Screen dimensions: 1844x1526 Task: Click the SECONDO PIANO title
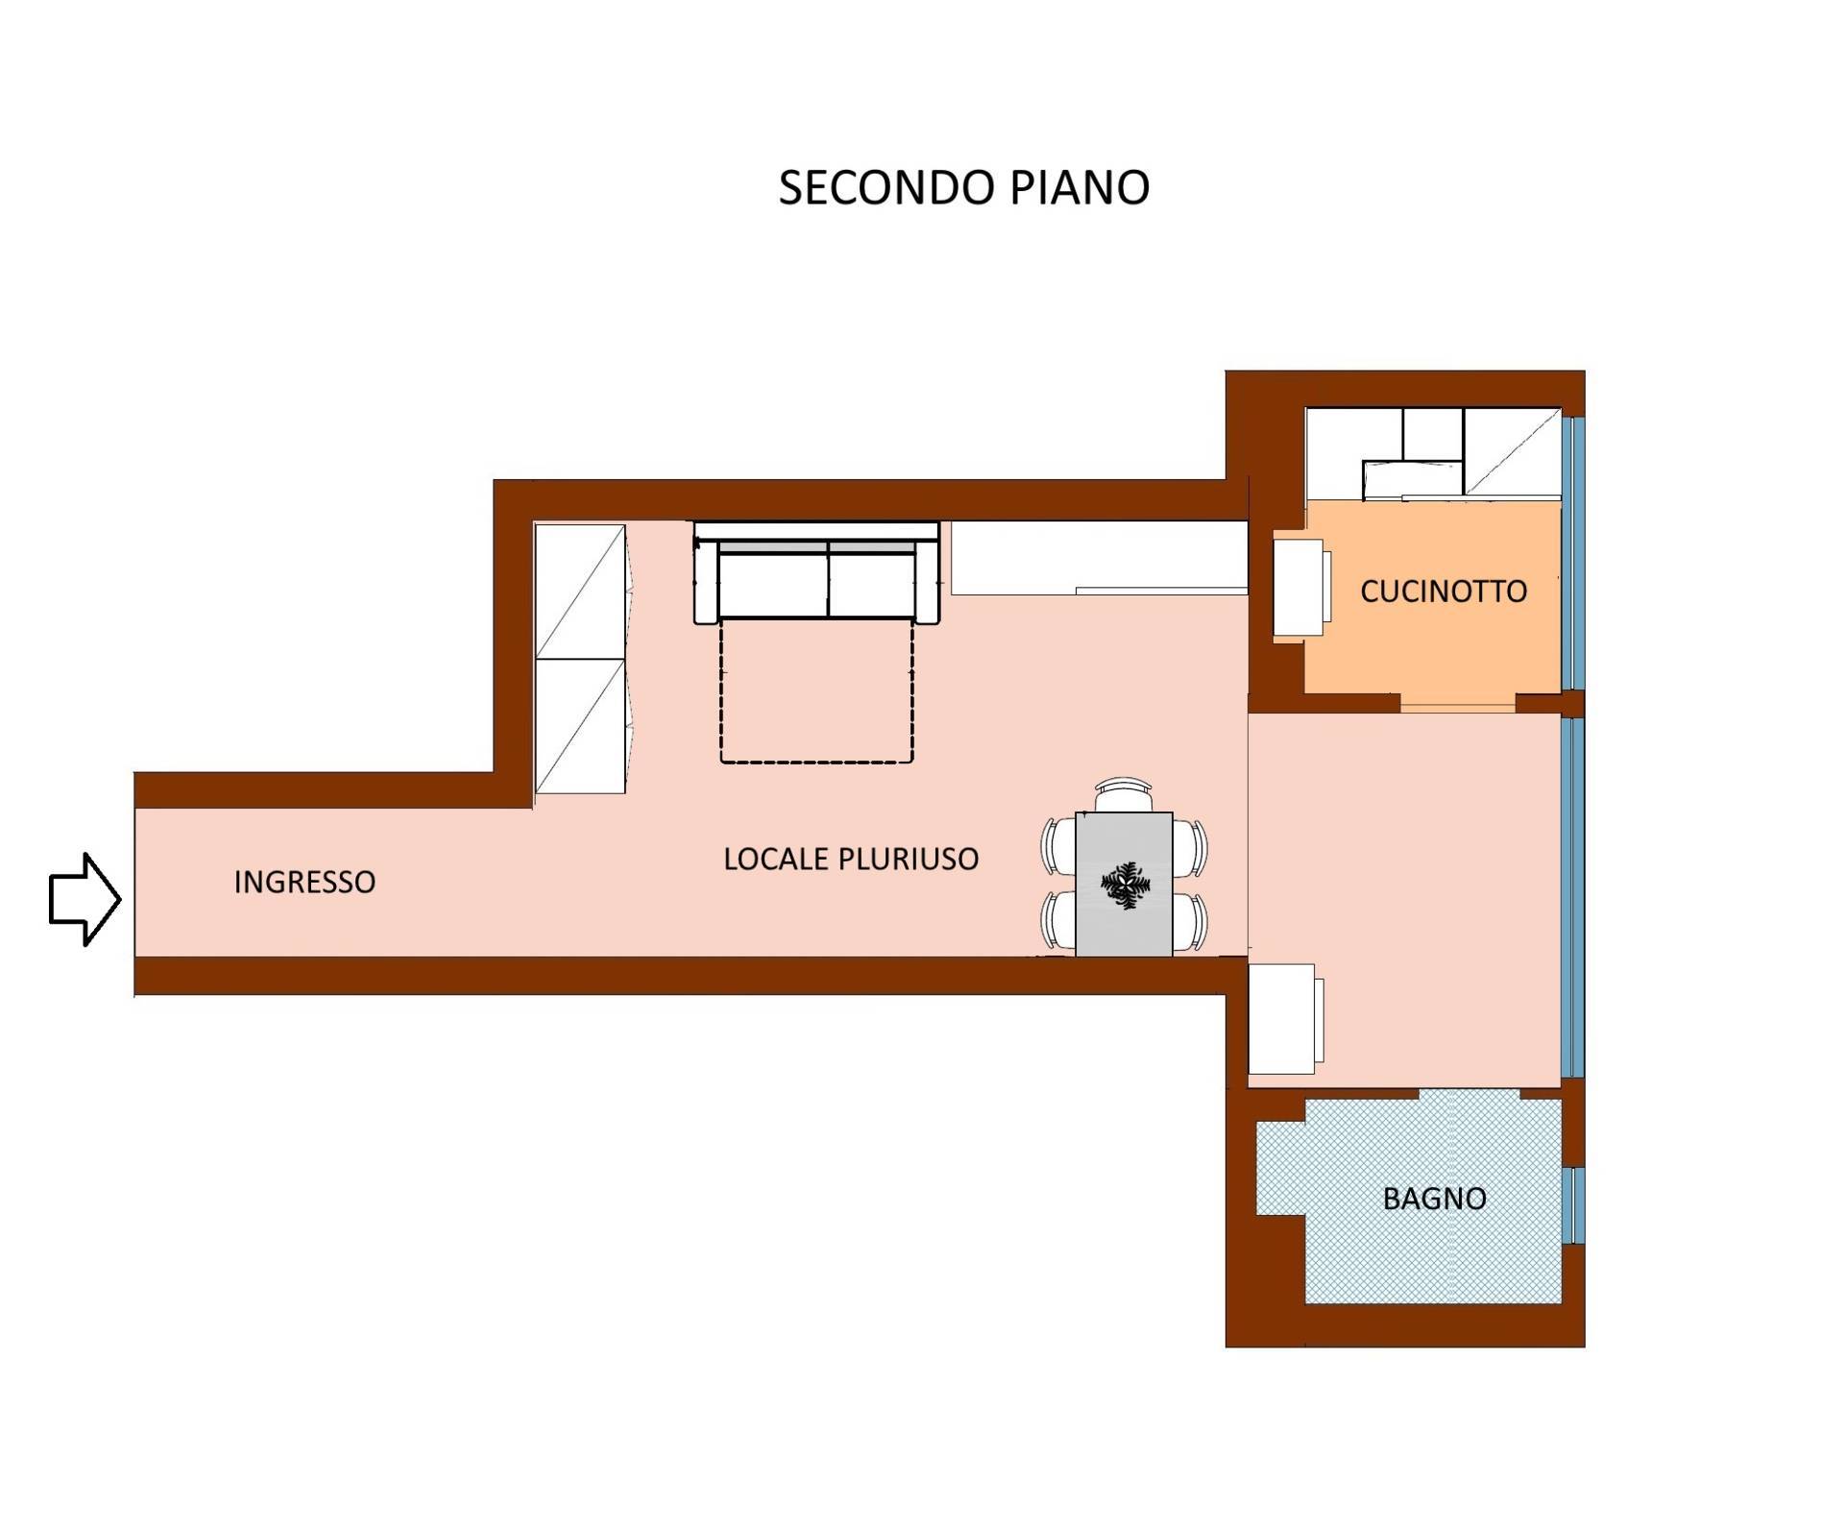[963, 188]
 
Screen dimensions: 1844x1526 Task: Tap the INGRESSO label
[304, 882]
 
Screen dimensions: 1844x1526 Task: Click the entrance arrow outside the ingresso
[85, 899]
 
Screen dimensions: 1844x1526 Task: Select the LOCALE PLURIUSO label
[851, 859]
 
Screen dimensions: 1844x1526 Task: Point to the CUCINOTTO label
[1444, 592]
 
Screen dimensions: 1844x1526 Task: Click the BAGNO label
[1435, 1199]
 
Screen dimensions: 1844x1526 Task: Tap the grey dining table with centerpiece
[1124, 884]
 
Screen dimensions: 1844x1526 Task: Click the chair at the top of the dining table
[1125, 795]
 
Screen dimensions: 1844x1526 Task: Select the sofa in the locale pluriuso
[816, 572]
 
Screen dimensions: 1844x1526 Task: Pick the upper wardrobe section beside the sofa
[580, 591]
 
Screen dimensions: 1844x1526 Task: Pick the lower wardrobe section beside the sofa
[580, 726]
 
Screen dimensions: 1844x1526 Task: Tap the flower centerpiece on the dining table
[1125, 884]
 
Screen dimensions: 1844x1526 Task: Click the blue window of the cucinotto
[1571, 552]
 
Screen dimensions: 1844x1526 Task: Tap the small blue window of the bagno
[1572, 1205]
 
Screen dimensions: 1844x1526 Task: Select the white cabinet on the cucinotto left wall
[1301, 588]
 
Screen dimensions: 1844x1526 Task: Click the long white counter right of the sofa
[1100, 558]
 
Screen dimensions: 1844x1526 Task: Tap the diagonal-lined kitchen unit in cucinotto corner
[1512, 452]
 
